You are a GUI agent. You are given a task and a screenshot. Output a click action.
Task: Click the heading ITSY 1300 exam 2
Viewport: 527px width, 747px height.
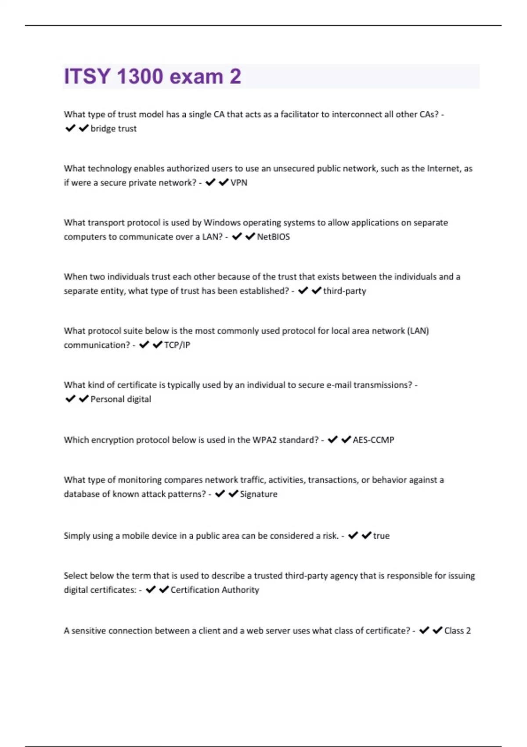pos(152,76)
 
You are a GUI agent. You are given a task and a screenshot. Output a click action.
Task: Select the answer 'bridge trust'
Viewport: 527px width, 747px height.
pos(113,129)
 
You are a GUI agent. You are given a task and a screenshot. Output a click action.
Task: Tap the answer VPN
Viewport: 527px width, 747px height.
pos(239,183)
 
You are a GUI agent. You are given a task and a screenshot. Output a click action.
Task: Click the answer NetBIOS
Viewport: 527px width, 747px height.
pos(273,237)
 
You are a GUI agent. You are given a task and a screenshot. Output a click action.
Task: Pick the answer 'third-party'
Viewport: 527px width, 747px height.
pos(344,291)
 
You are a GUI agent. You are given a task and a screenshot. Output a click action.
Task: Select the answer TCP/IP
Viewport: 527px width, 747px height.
pos(177,345)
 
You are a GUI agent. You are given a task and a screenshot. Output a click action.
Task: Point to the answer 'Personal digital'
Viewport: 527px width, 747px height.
pos(120,399)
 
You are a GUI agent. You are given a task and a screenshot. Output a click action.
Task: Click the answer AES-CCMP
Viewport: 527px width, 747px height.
pos(373,440)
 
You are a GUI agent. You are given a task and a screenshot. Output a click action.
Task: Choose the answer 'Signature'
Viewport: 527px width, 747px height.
pos(259,494)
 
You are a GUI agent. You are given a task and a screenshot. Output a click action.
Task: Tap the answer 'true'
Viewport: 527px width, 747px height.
pos(381,536)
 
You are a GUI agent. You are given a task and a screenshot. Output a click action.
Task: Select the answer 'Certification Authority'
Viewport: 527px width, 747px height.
pos(215,590)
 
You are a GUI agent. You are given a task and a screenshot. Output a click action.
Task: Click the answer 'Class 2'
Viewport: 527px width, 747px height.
pos(457,631)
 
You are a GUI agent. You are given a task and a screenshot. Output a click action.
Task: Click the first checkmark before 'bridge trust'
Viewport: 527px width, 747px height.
pos(70,128)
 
